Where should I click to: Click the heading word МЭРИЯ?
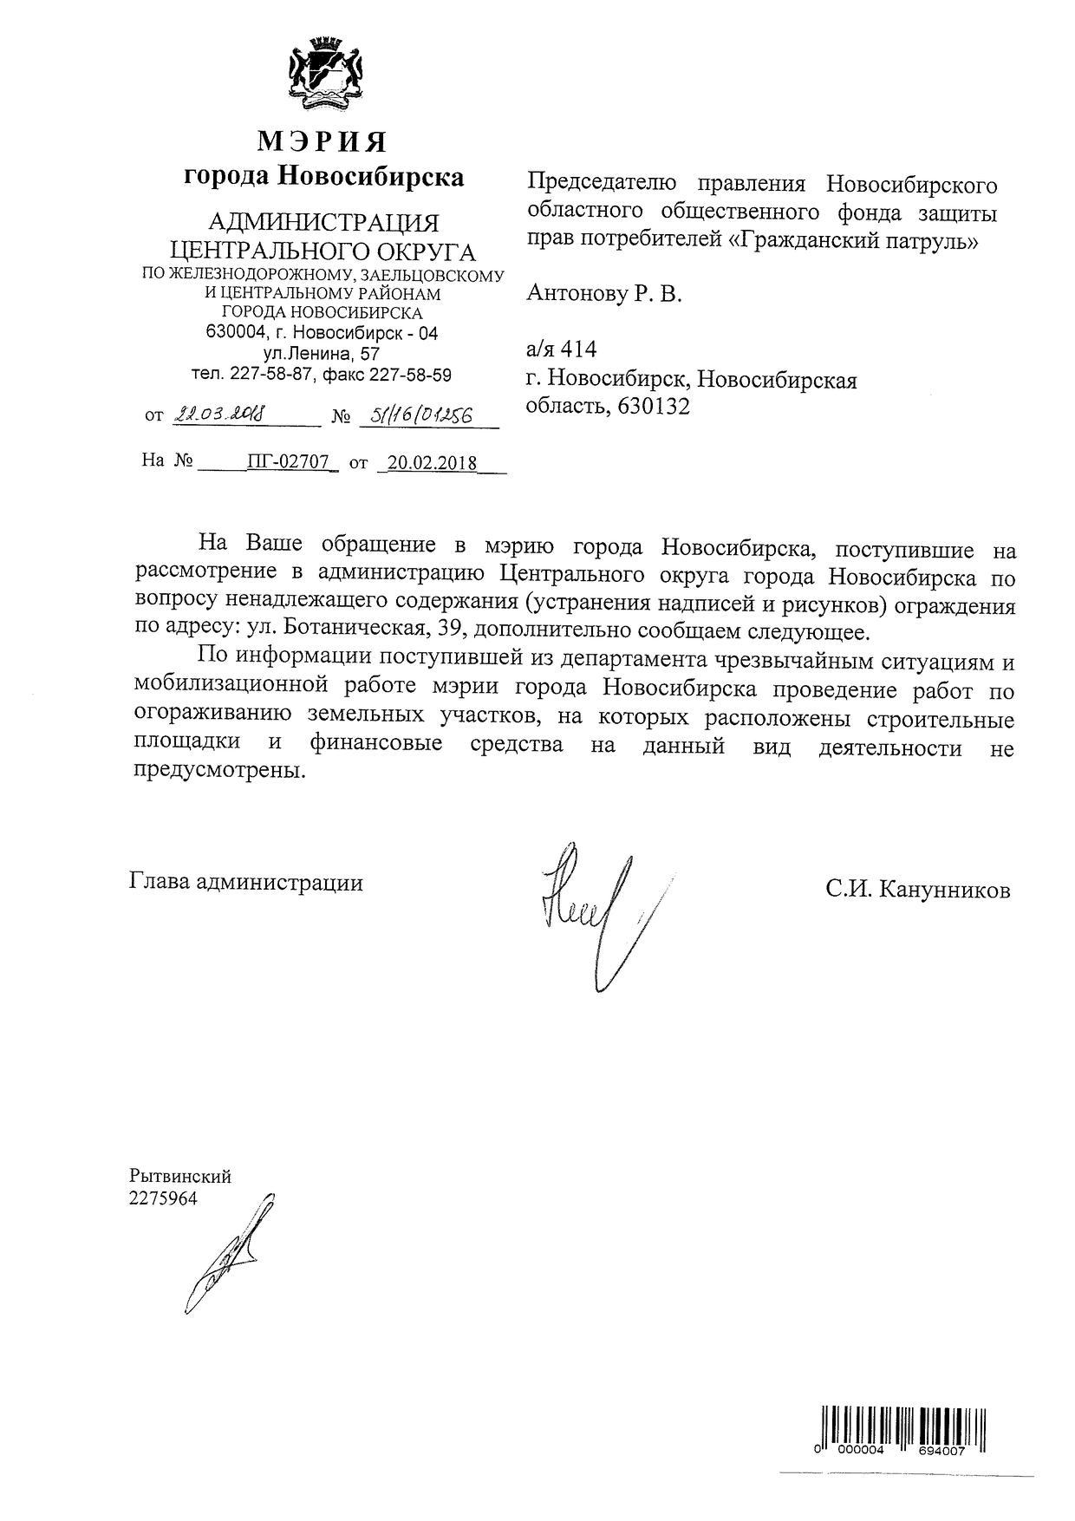[322, 140]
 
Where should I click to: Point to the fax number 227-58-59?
[410, 375]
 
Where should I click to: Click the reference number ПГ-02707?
[288, 461]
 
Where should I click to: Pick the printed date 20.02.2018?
[432, 462]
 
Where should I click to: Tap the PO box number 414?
[579, 349]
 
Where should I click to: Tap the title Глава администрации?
[246, 883]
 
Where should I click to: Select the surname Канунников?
[944, 890]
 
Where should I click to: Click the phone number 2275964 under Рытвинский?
[163, 1198]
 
